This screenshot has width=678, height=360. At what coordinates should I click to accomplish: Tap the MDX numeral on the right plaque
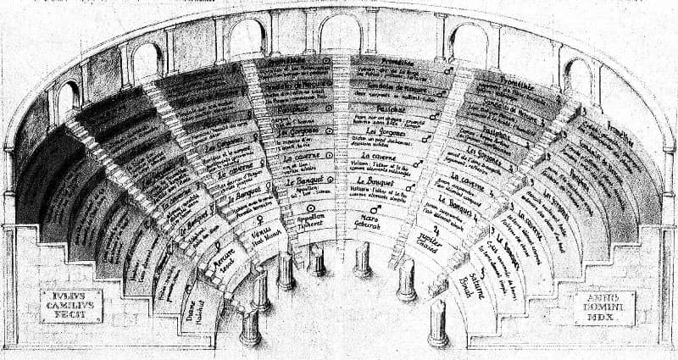pyautogui.click(x=604, y=320)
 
